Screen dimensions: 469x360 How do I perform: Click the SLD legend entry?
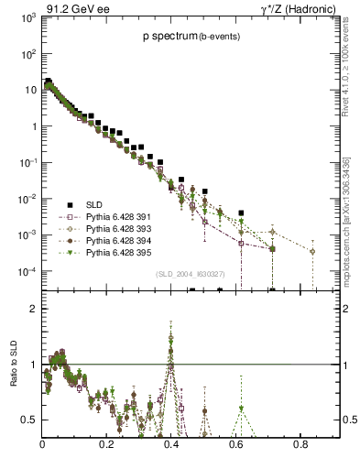tap(94, 204)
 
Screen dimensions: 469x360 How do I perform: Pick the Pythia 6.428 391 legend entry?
tap(119, 217)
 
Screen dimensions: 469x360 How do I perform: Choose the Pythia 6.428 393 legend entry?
tap(119, 228)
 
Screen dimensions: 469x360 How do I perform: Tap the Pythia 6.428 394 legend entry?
tap(119, 240)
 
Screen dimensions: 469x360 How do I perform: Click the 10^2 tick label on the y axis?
tap(26, 54)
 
